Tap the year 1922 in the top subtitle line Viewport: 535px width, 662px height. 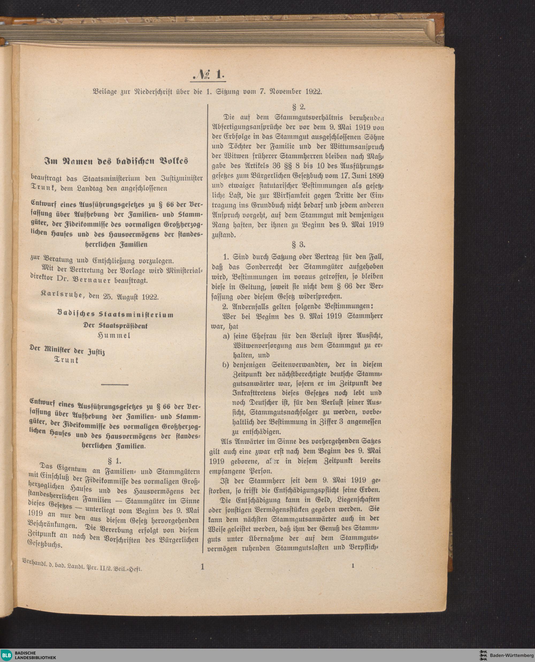314,92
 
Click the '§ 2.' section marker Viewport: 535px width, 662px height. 298,107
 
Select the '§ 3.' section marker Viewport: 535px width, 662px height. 298,245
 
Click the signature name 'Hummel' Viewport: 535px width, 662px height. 113,336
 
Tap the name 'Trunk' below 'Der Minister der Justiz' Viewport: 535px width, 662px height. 66,360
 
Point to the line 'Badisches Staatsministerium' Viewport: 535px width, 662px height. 116,315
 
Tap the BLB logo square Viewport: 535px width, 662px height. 6,655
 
